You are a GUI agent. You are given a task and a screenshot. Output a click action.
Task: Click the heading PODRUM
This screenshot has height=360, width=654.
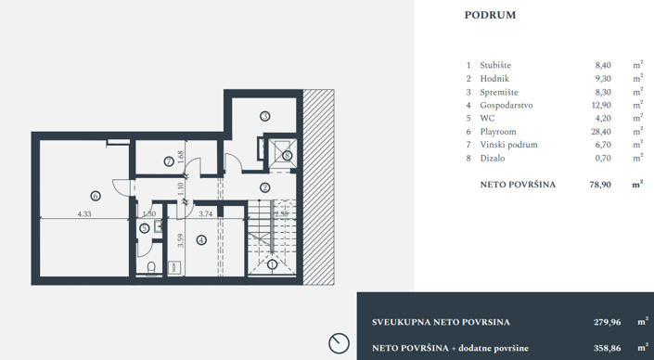(489, 15)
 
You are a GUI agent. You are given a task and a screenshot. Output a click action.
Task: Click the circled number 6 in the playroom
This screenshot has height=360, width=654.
(95, 196)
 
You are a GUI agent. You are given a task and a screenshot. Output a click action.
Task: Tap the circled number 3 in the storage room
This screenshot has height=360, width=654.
(264, 116)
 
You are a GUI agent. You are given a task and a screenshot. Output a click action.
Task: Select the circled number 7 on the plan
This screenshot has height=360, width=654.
(169, 161)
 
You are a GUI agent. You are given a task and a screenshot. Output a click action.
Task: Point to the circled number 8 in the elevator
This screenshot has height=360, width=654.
(288, 155)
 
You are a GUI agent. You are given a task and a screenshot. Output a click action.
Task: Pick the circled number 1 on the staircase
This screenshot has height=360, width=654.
(272, 264)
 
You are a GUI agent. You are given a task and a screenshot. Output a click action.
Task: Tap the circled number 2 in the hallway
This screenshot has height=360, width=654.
(264, 186)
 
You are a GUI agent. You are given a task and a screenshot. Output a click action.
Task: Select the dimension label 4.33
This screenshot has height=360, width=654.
(83, 214)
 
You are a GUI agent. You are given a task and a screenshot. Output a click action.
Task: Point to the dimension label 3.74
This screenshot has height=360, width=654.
(207, 214)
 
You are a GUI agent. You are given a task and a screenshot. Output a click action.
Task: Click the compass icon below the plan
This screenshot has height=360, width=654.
(339, 342)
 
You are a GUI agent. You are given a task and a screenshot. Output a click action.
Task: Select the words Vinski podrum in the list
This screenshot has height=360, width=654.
(508, 146)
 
